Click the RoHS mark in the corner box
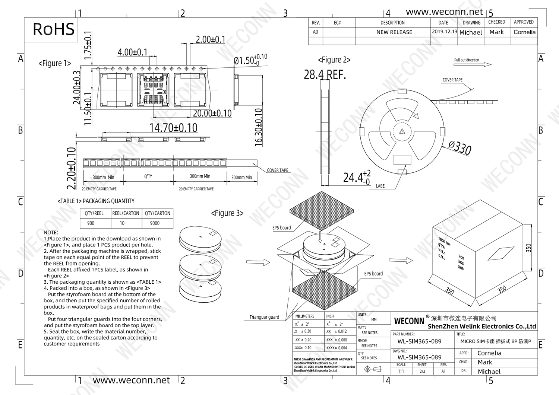[54, 29]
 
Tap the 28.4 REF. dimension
[325, 75]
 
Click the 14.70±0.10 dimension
[173, 128]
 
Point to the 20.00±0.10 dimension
[212, 113]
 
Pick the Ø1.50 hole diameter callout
[250, 60]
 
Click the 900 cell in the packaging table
[91, 223]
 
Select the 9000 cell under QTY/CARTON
[155, 223]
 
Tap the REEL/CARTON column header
[126, 213]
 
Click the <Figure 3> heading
[227, 213]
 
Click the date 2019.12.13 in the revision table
[444, 32]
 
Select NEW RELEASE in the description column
[394, 32]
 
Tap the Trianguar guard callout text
[264, 317]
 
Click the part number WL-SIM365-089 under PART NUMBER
[419, 341]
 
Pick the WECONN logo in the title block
[409, 321]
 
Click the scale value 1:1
[401, 371]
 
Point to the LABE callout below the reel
[380, 186]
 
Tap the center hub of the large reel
[402, 131]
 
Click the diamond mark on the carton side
[500, 254]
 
